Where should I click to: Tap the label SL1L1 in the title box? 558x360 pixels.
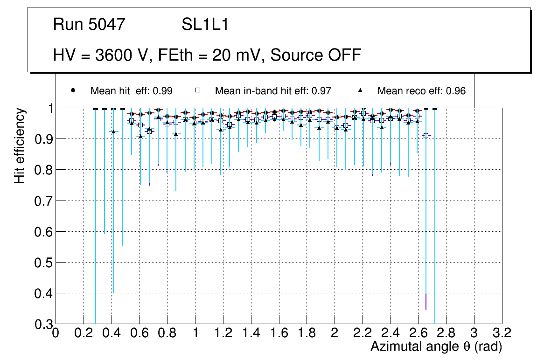coord(205,24)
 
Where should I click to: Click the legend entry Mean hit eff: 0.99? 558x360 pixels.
coord(132,91)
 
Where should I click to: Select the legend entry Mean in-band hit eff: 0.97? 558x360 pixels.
coord(273,91)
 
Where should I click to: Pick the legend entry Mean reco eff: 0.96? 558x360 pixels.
coord(421,91)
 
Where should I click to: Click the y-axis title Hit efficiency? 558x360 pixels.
coord(20,145)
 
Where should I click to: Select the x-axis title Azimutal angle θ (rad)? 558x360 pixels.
coord(436,346)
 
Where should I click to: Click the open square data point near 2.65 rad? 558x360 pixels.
coord(425,135)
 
